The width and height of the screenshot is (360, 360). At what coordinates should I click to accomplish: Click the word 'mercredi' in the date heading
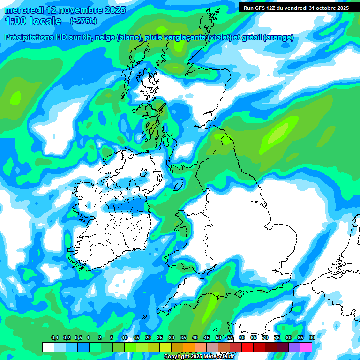tap(23, 10)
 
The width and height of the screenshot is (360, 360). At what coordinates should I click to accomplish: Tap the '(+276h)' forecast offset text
tap(83, 21)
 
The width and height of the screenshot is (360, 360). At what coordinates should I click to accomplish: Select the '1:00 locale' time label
tap(33, 21)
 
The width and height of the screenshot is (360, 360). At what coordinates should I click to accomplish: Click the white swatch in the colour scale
tap(48, 347)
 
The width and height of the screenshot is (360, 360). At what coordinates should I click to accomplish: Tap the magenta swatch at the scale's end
tap(306, 347)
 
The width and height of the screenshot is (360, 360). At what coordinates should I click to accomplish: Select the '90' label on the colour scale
tap(312, 338)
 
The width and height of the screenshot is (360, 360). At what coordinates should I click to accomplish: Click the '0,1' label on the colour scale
tap(54, 338)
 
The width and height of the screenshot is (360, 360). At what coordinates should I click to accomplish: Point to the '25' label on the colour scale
tap(160, 338)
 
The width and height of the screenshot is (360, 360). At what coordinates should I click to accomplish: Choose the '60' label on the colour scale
tap(242, 338)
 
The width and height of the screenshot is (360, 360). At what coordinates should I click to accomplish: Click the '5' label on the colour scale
tap(111, 338)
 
